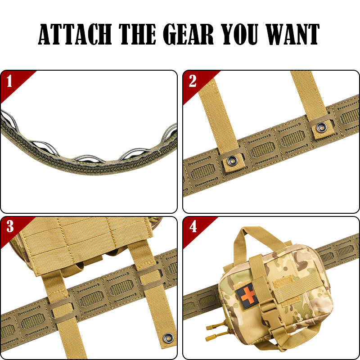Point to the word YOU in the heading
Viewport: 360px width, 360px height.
tap(237, 34)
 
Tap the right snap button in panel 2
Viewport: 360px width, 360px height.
tap(322, 128)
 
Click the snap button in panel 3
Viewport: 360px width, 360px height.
tap(168, 336)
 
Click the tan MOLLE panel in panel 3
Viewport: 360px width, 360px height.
tap(81, 243)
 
